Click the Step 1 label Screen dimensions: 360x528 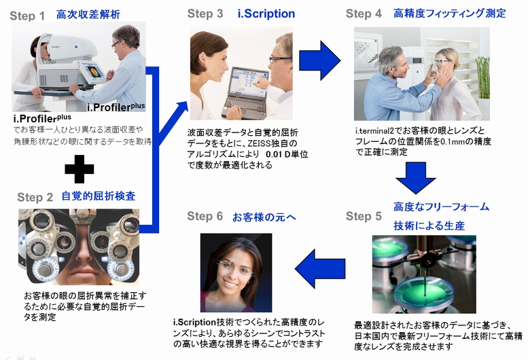click(27, 15)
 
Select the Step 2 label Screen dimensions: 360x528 click(35, 197)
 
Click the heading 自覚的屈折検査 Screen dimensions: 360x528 click(98, 196)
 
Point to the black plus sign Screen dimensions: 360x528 click(79, 168)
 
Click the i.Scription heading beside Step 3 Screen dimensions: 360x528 click(266, 14)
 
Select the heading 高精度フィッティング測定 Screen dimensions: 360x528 click(449, 14)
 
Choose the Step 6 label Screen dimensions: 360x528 click(205, 216)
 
